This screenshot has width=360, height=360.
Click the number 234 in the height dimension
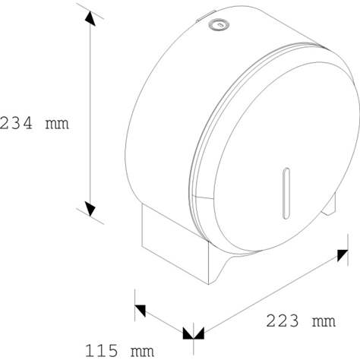pyautogui.click(x=15, y=122)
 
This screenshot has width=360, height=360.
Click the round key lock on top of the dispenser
pyautogui.click(x=219, y=24)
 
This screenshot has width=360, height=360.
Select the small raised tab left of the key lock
pyautogui.click(x=198, y=17)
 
